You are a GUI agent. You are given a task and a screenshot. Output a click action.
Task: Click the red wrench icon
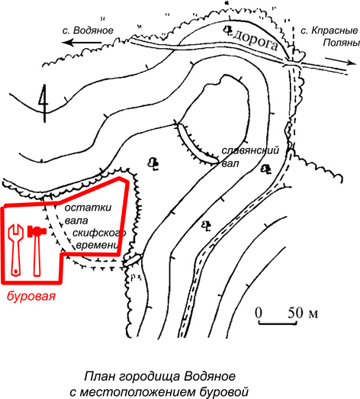pyautogui.click(x=14, y=250)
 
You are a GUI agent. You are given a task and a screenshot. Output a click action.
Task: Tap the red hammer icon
pyautogui.click(x=37, y=250)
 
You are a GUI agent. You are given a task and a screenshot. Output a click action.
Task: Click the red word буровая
pyautogui.click(x=31, y=296)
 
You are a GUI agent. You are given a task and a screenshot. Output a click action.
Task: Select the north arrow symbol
pyautogui.click(x=43, y=103)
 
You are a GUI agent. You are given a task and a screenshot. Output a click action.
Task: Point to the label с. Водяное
pyautogui.click(x=88, y=31)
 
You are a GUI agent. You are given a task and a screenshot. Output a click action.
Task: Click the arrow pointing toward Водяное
pyautogui.click(x=82, y=43)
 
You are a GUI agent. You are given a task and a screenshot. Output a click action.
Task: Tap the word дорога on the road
pyautogui.click(x=255, y=41)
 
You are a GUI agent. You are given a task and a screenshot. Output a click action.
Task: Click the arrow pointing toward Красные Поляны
pyautogui.click(x=339, y=61)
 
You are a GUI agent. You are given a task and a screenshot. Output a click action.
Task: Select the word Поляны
pyautogui.click(x=342, y=43)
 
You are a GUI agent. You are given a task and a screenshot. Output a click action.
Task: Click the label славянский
pyautogui.click(x=250, y=150)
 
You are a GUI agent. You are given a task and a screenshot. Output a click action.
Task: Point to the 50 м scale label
pyautogui.click(x=303, y=313)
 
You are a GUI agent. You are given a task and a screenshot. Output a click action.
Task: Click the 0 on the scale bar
pyautogui.click(x=259, y=313)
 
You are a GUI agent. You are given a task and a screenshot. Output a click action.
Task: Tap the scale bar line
pyautogui.click(x=278, y=323)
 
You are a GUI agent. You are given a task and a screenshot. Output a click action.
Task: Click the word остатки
pyautogui.click(x=88, y=208)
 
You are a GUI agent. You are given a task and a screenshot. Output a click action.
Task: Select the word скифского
pyautogui.click(x=99, y=233)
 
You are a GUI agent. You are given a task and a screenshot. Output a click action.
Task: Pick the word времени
pyautogui.click(x=98, y=246)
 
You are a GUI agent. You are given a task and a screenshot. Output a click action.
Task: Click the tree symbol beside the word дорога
pyautogui.click(x=228, y=30)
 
